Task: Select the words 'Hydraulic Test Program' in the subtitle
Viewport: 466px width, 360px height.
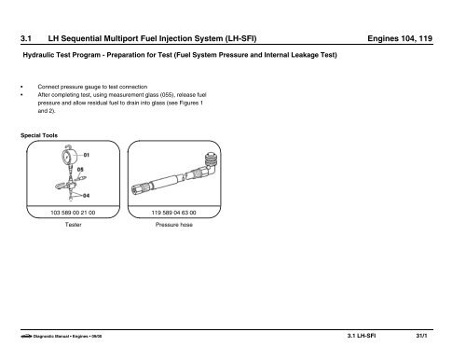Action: (65, 57)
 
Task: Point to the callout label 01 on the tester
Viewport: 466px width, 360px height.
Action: (86, 153)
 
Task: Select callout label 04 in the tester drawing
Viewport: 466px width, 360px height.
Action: (86, 195)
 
